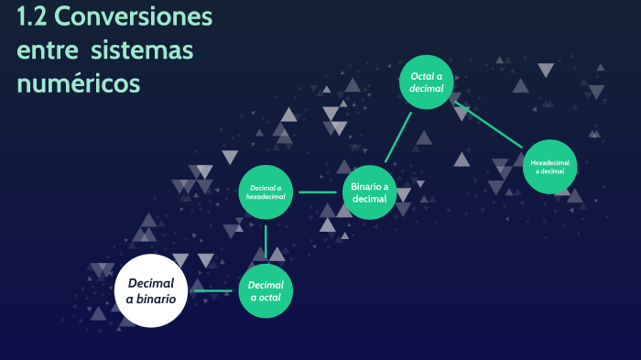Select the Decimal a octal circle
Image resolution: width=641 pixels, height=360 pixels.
point(266,291)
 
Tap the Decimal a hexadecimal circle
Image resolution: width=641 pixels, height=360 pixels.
point(266,192)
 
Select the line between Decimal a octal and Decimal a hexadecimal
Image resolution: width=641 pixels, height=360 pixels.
point(266,242)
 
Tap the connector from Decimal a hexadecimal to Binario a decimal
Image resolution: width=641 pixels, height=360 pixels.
point(318,192)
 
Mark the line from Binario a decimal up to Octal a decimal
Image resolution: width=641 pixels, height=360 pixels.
point(397,136)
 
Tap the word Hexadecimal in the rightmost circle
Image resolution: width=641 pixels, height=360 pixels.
point(550,162)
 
